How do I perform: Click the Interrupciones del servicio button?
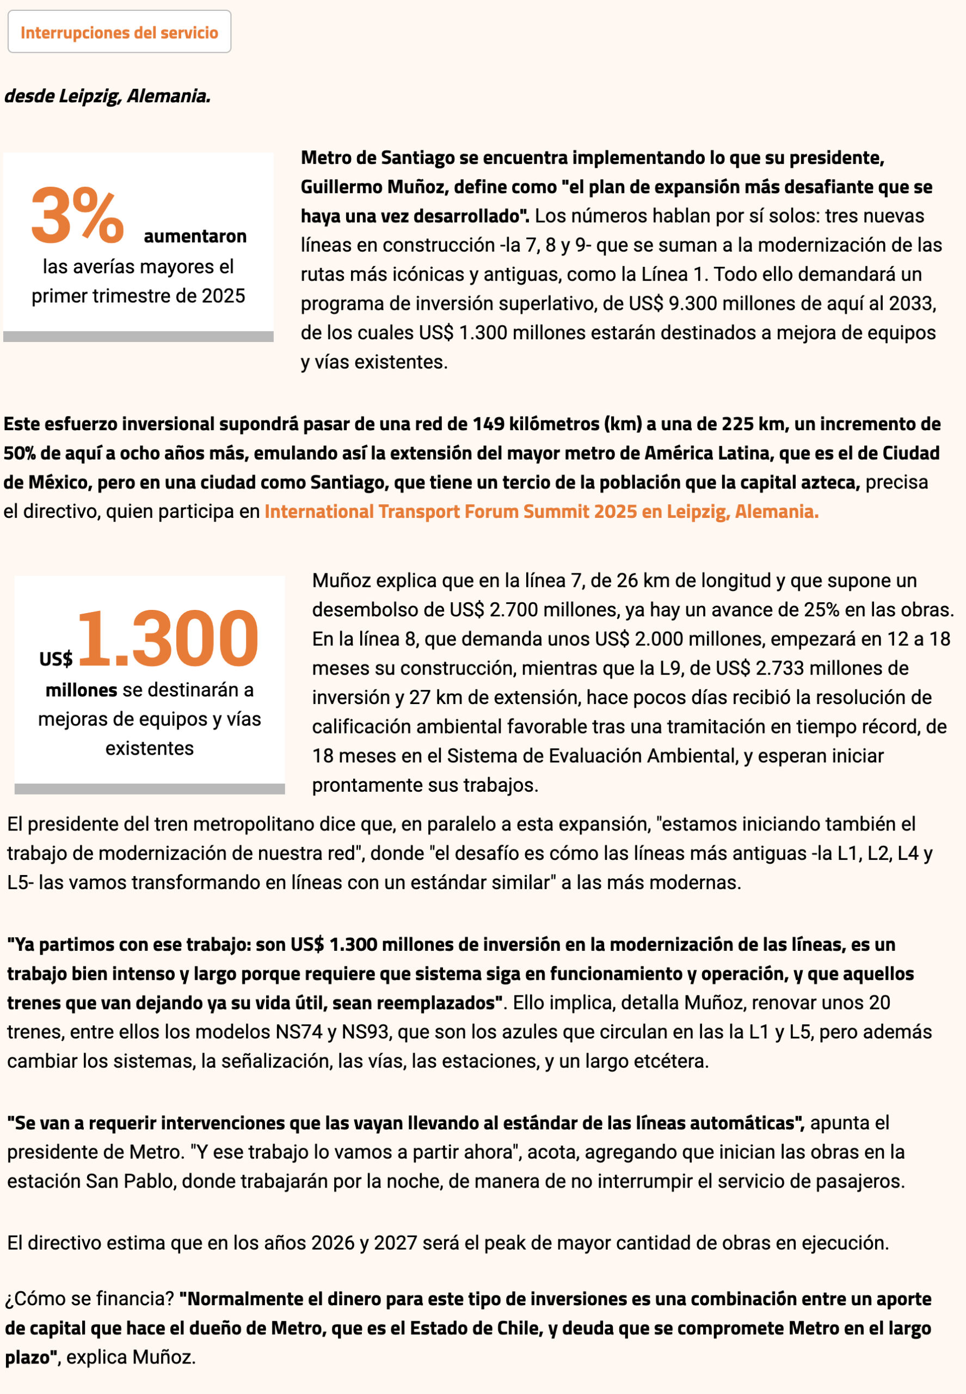coord(119,32)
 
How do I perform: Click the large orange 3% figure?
coord(77,216)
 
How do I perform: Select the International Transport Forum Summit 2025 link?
coord(541,512)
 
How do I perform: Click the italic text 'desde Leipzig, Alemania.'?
coord(108,96)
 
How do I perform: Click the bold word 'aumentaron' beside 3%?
coord(195,236)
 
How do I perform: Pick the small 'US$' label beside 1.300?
coord(56,659)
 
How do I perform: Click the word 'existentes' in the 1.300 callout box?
coord(150,749)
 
